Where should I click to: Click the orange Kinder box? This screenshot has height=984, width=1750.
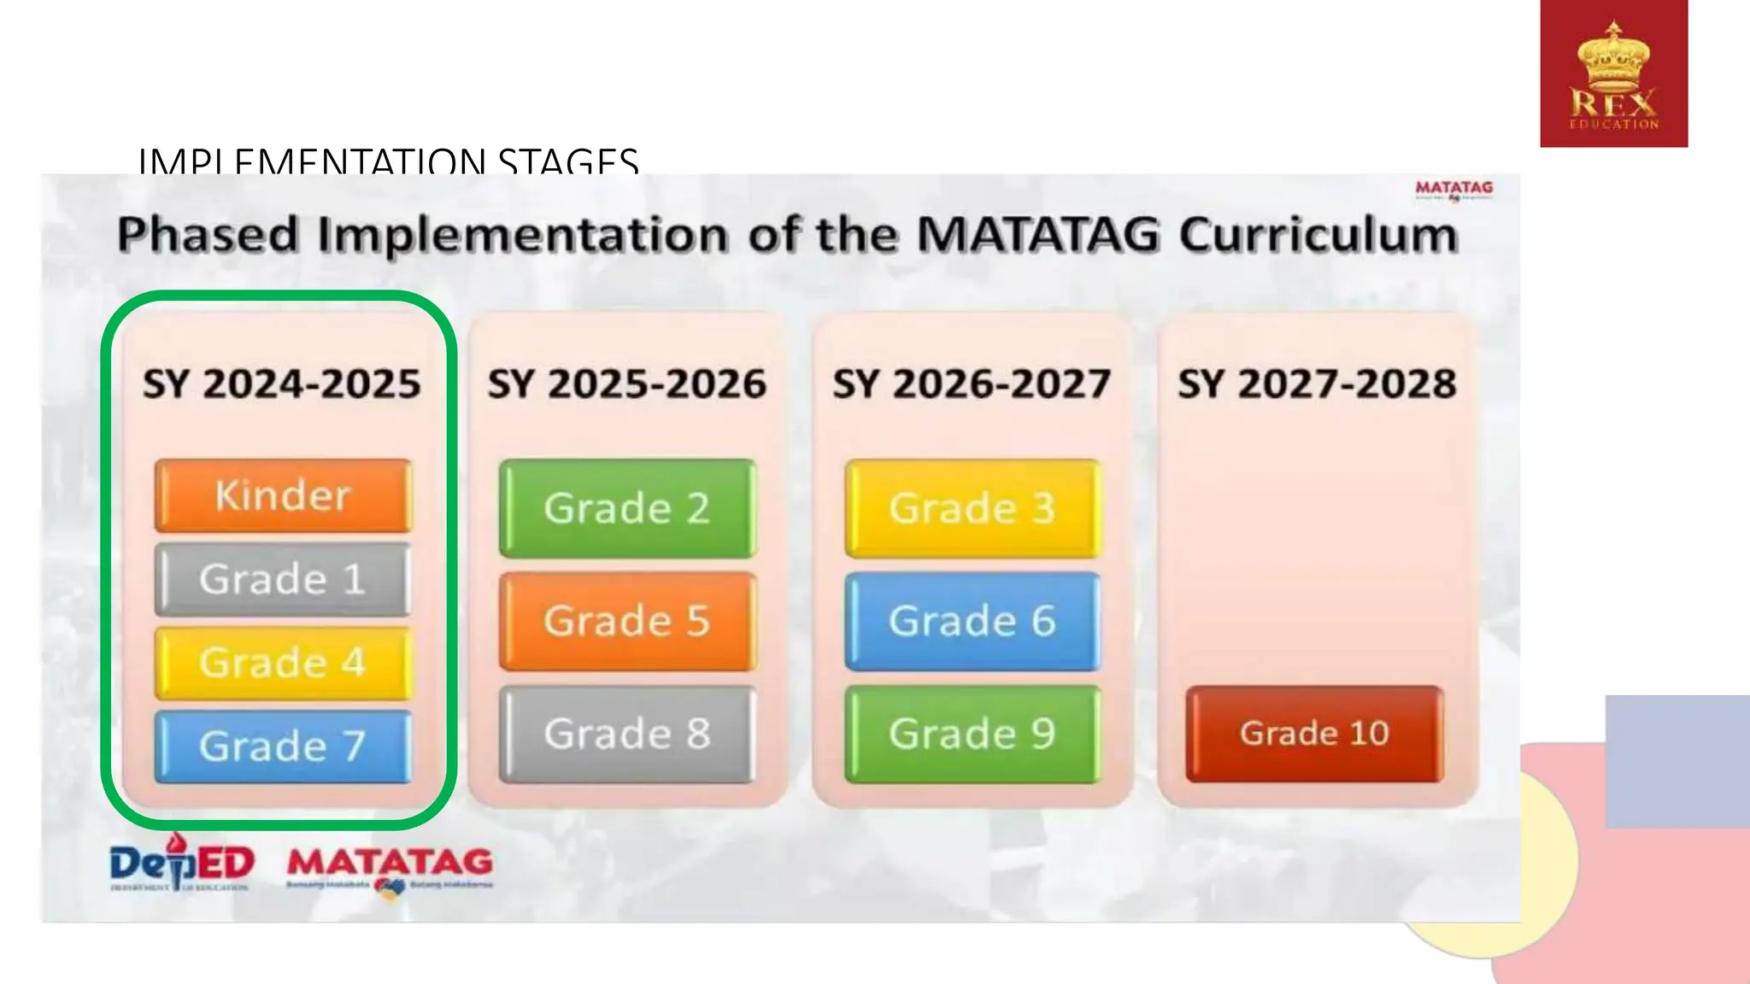[283, 495]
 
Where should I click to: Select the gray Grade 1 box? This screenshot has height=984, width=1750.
[283, 579]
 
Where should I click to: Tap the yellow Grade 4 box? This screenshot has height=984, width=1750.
[283, 663]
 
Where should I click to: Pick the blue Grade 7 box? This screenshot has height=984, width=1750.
[283, 747]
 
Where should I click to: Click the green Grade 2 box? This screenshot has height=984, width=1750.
[628, 508]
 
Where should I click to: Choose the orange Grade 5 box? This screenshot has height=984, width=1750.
[628, 621]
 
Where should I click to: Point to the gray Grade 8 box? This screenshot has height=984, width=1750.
[628, 734]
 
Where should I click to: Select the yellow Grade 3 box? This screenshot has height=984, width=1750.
[972, 508]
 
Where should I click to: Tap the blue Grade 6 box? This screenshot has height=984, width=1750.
[972, 621]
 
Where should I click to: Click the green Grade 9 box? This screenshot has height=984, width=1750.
[972, 734]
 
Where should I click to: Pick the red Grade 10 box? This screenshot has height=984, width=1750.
[1314, 734]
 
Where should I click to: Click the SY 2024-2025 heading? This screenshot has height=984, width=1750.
[281, 384]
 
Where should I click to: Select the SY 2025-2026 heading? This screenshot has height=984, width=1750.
[626, 384]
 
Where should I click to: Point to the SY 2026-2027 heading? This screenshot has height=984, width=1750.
[972, 384]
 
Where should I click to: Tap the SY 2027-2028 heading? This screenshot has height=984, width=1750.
[1317, 384]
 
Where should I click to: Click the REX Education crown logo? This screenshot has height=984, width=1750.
[1613, 73]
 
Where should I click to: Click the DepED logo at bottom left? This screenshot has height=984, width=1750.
[181, 864]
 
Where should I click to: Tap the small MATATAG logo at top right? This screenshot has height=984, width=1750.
[1453, 189]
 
